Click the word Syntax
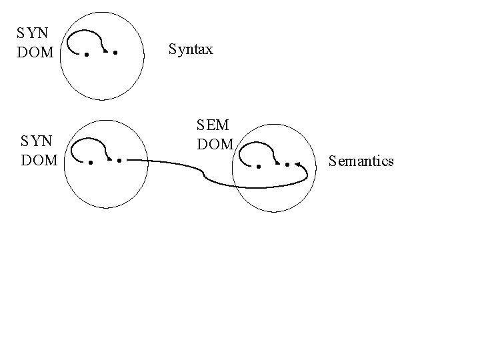click(191, 49)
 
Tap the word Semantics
click(361, 161)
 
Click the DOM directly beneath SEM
click(215, 143)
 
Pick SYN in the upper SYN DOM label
click(32, 32)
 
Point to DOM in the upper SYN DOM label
click(34, 51)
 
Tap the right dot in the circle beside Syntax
click(116, 52)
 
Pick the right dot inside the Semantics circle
click(287, 164)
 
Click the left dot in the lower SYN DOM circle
click(90, 161)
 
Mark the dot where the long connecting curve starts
click(119, 161)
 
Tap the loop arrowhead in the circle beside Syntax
click(107, 50)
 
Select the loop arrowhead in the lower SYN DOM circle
click(111, 159)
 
